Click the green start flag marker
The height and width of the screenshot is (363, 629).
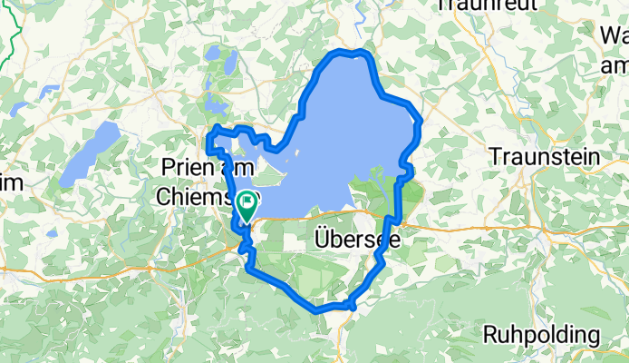pos(246,206)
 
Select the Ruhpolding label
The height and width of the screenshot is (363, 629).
pos(541,334)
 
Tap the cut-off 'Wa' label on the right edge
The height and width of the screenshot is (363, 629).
pos(614,37)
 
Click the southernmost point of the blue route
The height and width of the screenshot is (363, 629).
pos(319,309)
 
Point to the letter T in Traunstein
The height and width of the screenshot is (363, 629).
pos(495,157)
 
